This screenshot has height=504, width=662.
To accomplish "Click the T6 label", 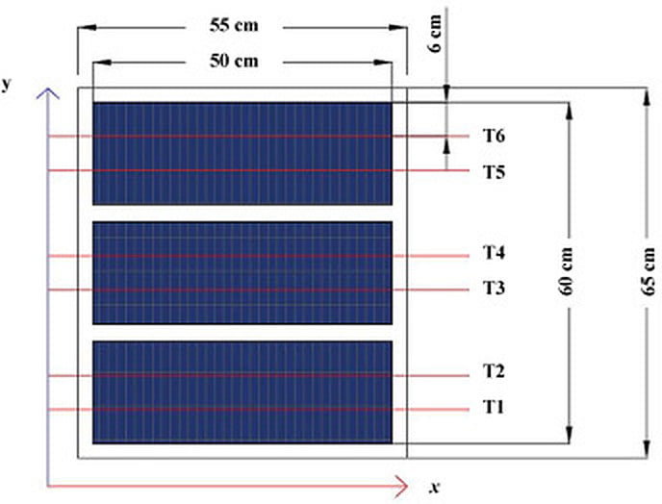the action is (494, 136).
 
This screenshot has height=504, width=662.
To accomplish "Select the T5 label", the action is (494, 172).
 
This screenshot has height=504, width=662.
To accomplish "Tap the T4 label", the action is (494, 253).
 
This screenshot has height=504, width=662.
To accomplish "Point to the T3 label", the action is (494, 289).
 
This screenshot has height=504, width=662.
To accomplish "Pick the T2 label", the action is (494, 371).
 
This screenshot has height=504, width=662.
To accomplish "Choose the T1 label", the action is (494, 408).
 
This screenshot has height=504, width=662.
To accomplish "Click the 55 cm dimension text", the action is (234, 25).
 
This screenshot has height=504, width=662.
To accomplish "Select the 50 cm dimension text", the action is (234, 62).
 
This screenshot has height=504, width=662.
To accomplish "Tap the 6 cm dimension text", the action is (435, 34).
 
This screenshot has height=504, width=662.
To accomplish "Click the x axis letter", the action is (435, 488).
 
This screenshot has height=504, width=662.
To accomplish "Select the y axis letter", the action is (6, 84).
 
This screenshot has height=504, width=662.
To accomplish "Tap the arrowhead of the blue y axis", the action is (49, 93).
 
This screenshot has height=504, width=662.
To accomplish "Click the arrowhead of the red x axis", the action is (401, 486).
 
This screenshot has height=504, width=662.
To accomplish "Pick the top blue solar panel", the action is (242, 154).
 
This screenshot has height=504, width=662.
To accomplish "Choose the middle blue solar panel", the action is (242, 273).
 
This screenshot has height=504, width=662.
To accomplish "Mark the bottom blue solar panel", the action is (242, 392).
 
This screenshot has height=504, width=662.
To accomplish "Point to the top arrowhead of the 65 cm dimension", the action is (645, 97).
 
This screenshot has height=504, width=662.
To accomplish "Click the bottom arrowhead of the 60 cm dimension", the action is (569, 435).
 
